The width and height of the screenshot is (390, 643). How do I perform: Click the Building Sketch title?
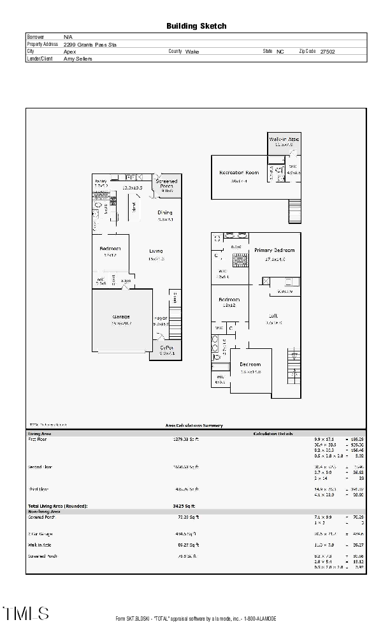pos(196,26)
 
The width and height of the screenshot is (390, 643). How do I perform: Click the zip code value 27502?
pos(328,51)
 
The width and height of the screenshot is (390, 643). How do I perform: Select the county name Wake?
pos(192,51)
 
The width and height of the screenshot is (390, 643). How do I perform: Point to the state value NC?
pos(280,51)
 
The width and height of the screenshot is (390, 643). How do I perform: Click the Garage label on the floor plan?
pos(121,317)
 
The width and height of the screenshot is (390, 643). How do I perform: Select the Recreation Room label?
pos(238,173)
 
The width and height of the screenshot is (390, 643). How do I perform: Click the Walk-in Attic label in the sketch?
pos(284,139)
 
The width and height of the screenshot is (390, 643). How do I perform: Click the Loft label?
pos(273,316)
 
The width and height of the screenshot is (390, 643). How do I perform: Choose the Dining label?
pos(165,212)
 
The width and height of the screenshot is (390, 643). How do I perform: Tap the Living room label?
pos(156,251)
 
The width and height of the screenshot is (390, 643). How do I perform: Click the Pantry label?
pos(101,181)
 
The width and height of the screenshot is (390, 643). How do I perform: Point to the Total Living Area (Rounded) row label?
pos(57,506)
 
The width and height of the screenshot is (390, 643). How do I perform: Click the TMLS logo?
pos(26,614)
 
